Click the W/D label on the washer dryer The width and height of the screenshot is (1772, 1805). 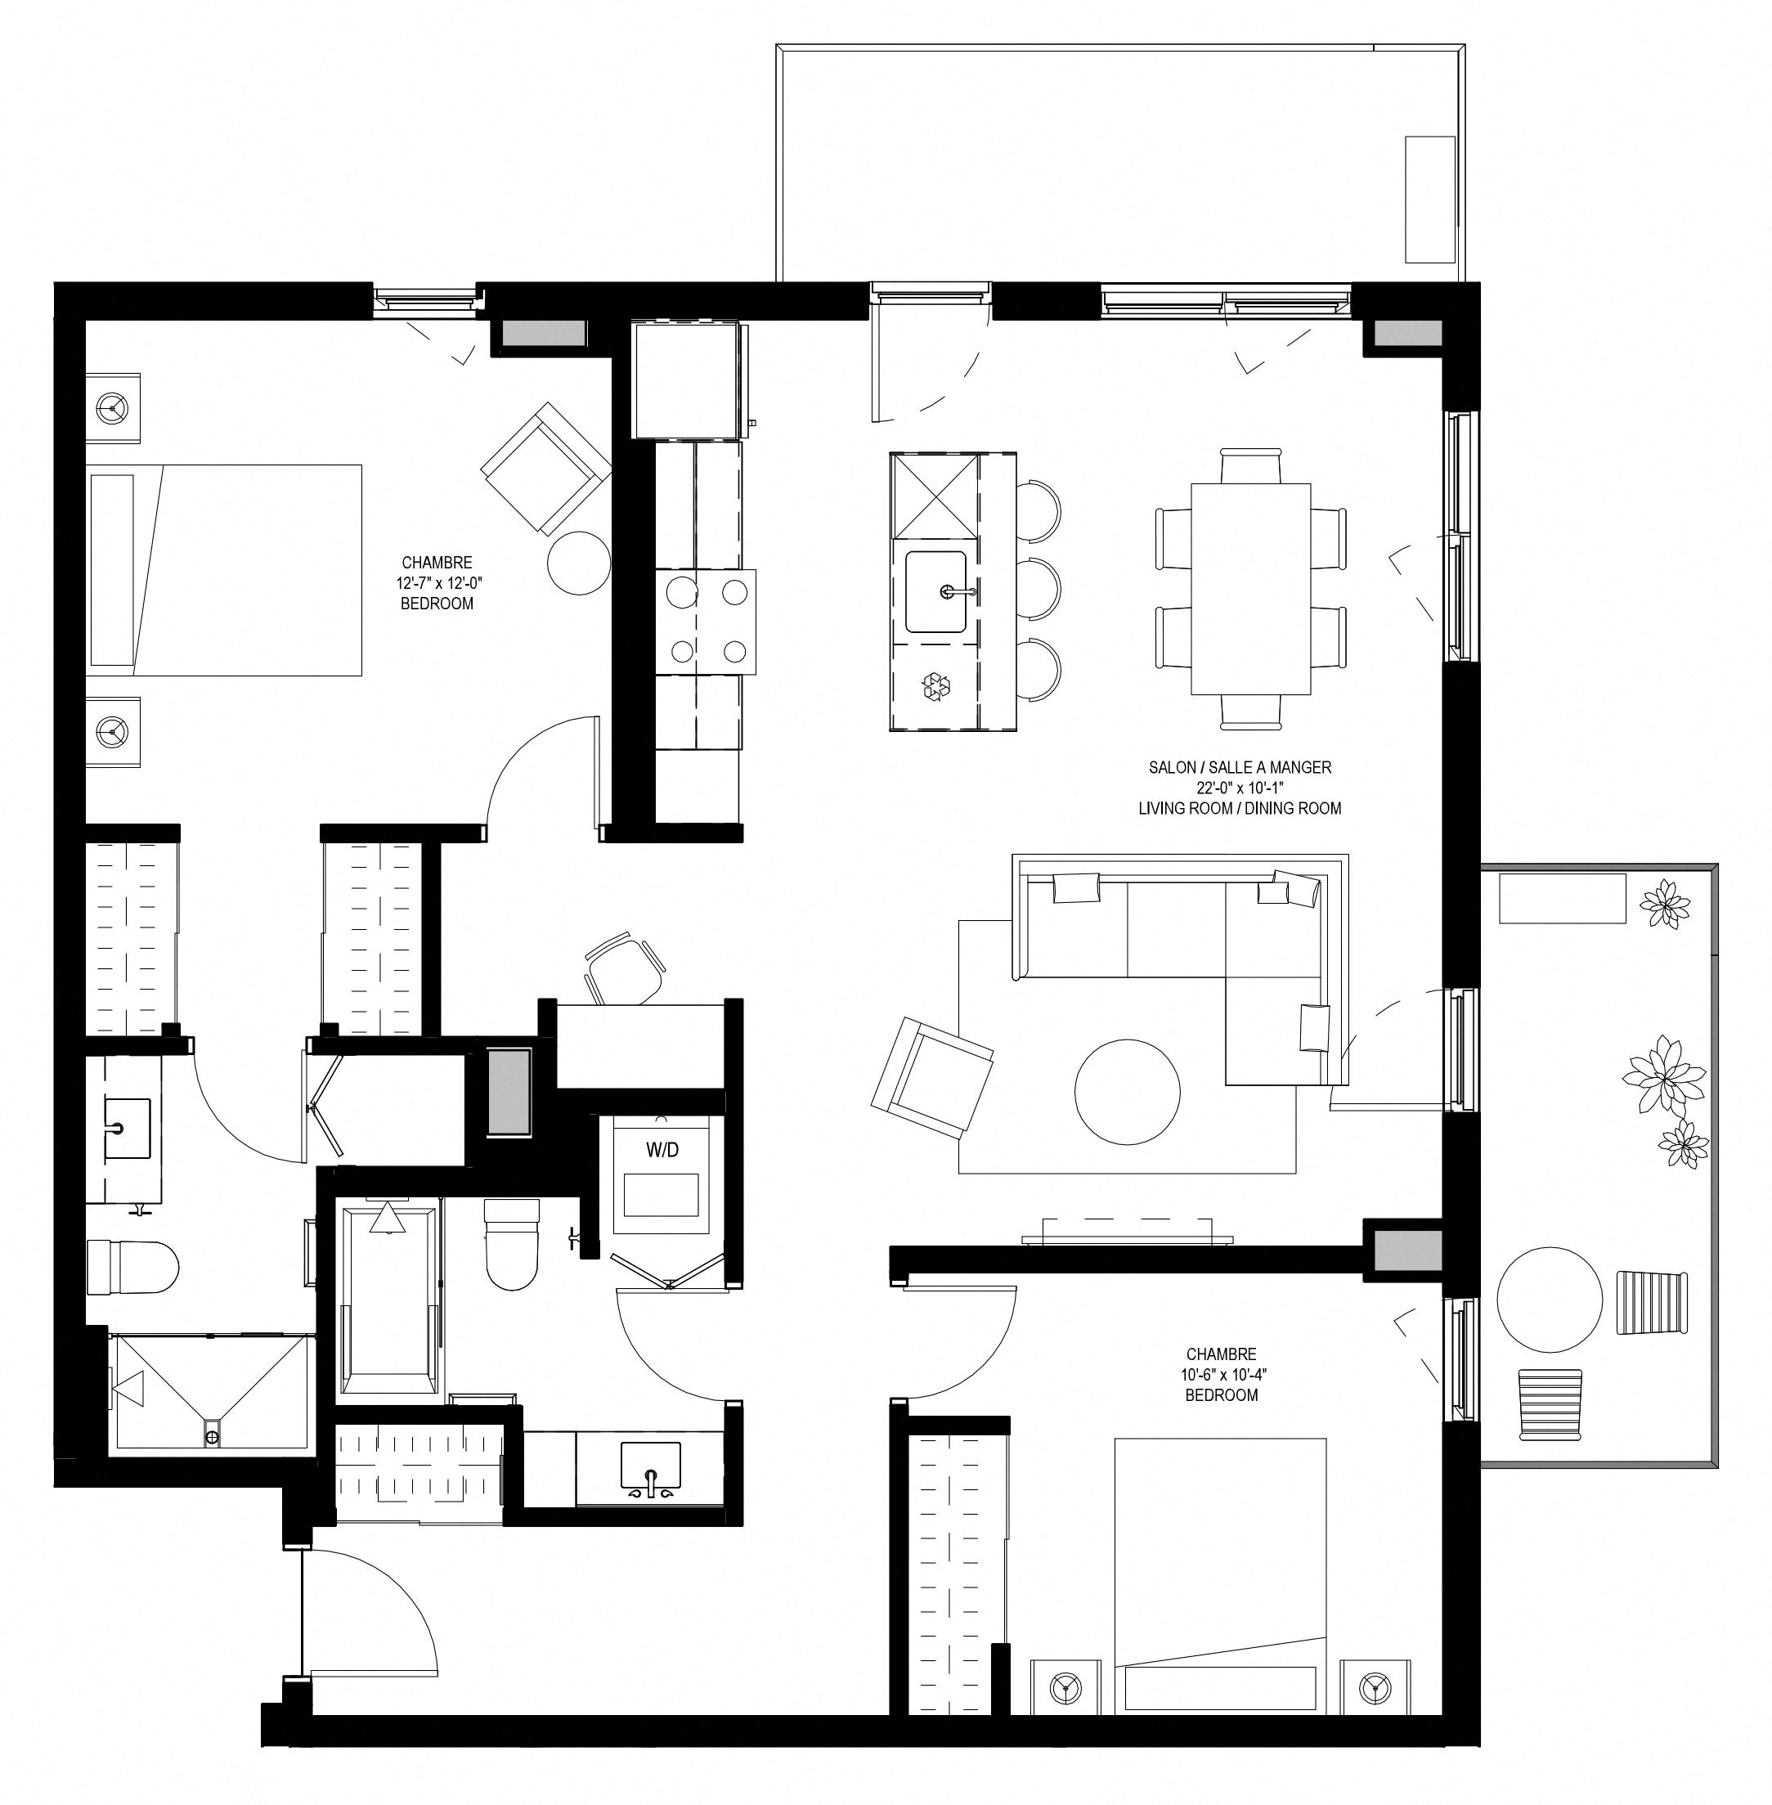pyautogui.click(x=662, y=1150)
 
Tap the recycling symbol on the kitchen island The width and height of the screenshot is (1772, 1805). pyautogui.click(x=936, y=687)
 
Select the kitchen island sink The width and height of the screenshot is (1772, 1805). pyautogui.click(x=936, y=592)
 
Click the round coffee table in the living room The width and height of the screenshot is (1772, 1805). pyautogui.click(x=1127, y=1092)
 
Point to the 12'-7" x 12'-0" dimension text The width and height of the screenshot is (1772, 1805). pyautogui.click(x=437, y=583)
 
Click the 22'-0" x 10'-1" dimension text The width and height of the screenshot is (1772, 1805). pyautogui.click(x=1240, y=788)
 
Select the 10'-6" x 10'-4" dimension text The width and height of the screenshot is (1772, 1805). pyautogui.click(x=1221, y=1374)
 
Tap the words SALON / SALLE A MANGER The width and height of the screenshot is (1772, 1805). pyautogui.click(x=1240, y=767)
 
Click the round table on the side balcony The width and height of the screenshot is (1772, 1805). pyautogui.click(x=1550, y=1300)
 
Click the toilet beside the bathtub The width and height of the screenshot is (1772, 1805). pyautogui.click(x=512, y=1244)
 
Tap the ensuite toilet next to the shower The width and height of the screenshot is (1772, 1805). pyautogui.click(x=132, y=1267)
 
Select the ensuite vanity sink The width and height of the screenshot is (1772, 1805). pyautogui.click(x=126, y=1129)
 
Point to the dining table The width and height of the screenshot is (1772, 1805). pyautogui.click(x=1251, y=588)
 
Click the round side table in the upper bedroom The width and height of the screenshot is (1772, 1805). pyautogui.click(x=579, y=562)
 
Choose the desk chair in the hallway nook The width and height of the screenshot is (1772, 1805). pyautogui.click(x=625, y=968)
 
